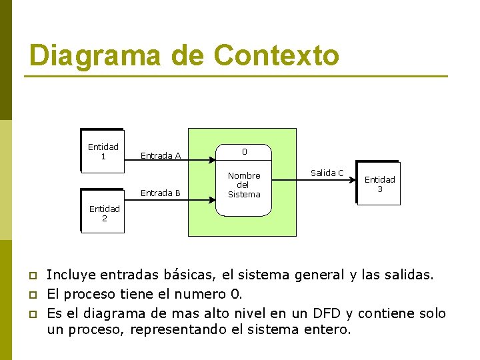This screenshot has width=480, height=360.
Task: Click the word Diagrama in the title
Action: coord(95,55)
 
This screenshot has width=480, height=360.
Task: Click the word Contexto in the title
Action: coord(276,55)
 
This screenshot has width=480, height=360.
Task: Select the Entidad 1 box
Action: coord(103,151)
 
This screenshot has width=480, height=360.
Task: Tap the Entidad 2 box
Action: coord(104,213)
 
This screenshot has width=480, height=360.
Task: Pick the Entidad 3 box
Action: coord(379,184)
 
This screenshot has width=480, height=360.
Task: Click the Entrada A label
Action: coord(161,156)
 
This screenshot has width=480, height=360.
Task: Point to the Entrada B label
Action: coord(161,193)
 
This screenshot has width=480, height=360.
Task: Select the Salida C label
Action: coord(327,173)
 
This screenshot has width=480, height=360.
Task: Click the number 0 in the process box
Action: coord(244,152)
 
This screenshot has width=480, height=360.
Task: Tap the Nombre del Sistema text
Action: coord(244,185)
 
